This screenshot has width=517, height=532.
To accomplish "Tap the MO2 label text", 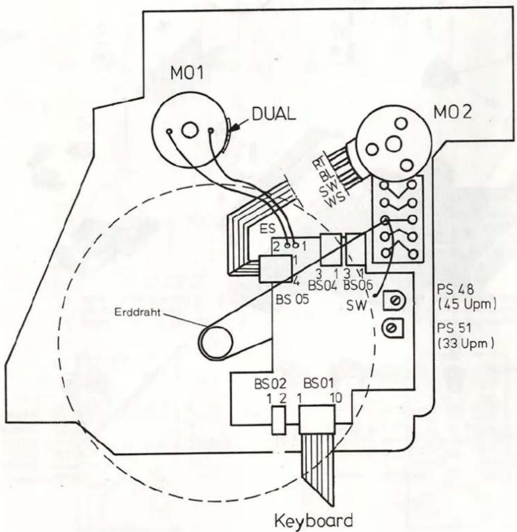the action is (453, 112).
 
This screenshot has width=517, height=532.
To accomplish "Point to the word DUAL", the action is (274, 114).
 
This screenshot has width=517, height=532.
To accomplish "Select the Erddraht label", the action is (137, 312).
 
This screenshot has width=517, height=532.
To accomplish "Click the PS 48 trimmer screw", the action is (394, 300).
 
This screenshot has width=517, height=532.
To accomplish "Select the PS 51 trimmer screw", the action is (393, 328).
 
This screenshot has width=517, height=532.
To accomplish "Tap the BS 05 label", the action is (292, 300).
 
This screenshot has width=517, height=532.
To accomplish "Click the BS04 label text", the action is (323, 286).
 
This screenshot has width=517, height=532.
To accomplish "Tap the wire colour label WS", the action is (336, 200).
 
